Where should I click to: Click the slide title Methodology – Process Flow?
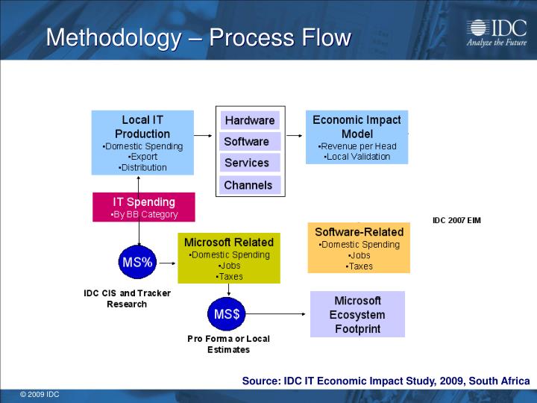click(x=198, y=37)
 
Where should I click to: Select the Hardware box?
click(x=250, y=120)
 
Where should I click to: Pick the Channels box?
click(x=248, y=185)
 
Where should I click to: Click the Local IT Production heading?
click(x=142, y=127)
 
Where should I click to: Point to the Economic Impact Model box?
click(x=357, y=137)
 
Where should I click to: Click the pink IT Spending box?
click(x=144, y=207)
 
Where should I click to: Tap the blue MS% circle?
click(x=137, y=262)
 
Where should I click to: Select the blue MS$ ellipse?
click(x=227, y=314)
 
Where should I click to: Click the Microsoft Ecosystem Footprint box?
click(x=357, y=314)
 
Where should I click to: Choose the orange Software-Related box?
click(x=359, y=248)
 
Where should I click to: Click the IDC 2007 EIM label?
click(x=456, y=220)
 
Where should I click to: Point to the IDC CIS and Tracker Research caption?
click(x=127, y=299)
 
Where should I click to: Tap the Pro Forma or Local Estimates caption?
click(x=228, y=344)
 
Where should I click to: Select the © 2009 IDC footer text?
click(x=40, y=394)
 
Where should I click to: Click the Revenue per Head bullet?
click(x=357, y=146)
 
